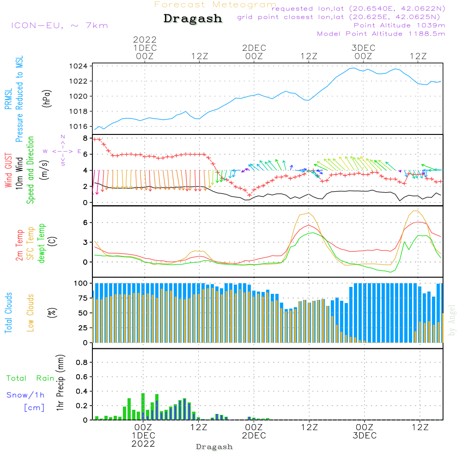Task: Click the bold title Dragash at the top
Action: coord(193,18)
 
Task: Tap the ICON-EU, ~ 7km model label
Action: coord(60,25)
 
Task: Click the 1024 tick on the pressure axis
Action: coord(79,66)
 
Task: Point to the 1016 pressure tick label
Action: coord(79,127)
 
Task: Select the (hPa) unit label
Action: coord(47,98)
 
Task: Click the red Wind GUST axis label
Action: coord(8,170)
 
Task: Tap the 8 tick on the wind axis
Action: coord(85,138)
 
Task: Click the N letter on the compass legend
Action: coord(63,137)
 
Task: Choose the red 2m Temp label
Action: coord(19,245)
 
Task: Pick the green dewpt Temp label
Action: coord(42,243)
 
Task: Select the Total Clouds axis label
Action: coord(8,313)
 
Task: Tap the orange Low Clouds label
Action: coord(30,313)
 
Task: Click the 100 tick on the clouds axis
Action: coord(81,283)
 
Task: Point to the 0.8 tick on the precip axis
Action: coord(82,362)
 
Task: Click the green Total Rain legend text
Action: coord(30,378)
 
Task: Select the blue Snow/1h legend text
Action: coord(25,395)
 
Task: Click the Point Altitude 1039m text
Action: coord(399,25)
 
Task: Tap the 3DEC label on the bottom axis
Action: coord(365,436)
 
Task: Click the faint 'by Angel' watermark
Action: coord(452,320)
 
